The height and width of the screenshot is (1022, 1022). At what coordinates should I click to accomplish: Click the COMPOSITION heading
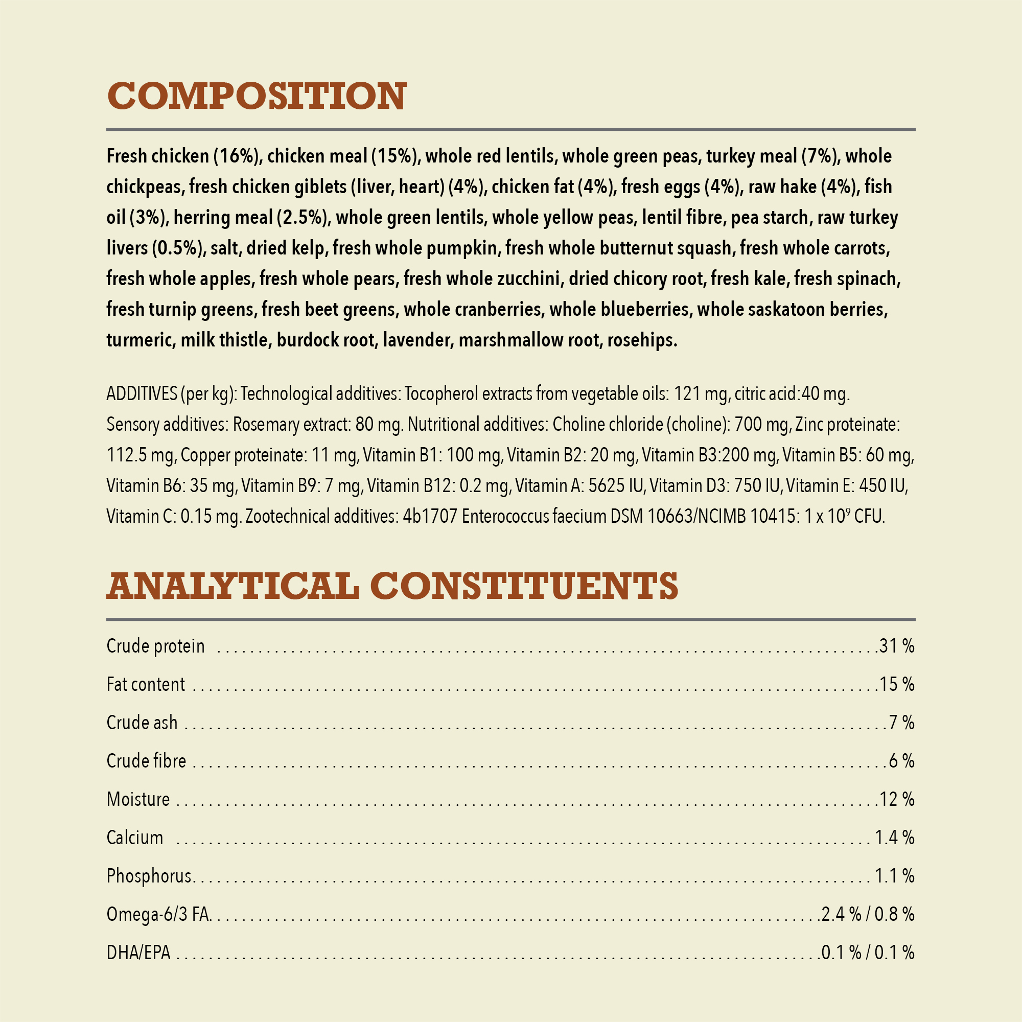pyautogui.click(x=257, y=96)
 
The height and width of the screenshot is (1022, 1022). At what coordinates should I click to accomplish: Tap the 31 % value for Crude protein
pyautogui.click(x=897, y=646)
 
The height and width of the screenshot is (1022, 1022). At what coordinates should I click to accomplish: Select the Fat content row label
pyautogui.click(x=146, y=685)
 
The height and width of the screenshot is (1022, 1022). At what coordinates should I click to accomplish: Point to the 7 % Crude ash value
pyautogui.click(x=901, y=723)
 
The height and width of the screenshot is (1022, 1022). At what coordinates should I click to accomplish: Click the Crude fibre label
pyautogui.click(x=147, y=761)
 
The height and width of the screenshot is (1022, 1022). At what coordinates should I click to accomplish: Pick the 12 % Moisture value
pyautogui.click(x=897, y=799)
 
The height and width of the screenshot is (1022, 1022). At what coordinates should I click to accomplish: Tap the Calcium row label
pyautogui.click(x=135, y=838)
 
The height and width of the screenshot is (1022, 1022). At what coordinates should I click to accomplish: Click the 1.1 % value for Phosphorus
pyautogui.click(x=894, y=876)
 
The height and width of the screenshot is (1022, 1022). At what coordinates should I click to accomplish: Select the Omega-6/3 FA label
pyautogui.click(x=158, y=914)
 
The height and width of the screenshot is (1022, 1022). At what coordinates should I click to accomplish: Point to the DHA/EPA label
pyautogui.click(x=138, y=953)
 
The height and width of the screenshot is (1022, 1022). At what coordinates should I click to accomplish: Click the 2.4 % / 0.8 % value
pyautogui.click(x=868, y=914)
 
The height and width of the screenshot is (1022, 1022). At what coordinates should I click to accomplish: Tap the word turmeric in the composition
pyautogui.click(x=140, y=340)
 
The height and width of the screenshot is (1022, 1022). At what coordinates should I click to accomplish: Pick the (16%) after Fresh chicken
pyautogui.click(x=236, y=156)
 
